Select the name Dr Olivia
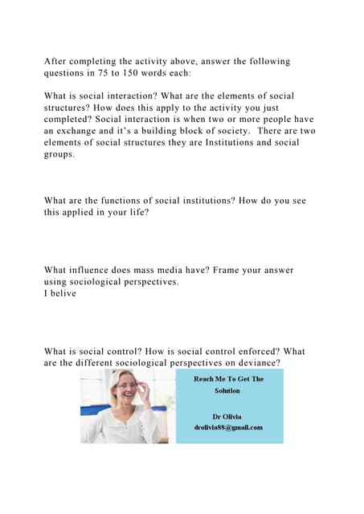[227, 417]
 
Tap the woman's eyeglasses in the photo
[125, 386]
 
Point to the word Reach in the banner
[205, 379]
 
